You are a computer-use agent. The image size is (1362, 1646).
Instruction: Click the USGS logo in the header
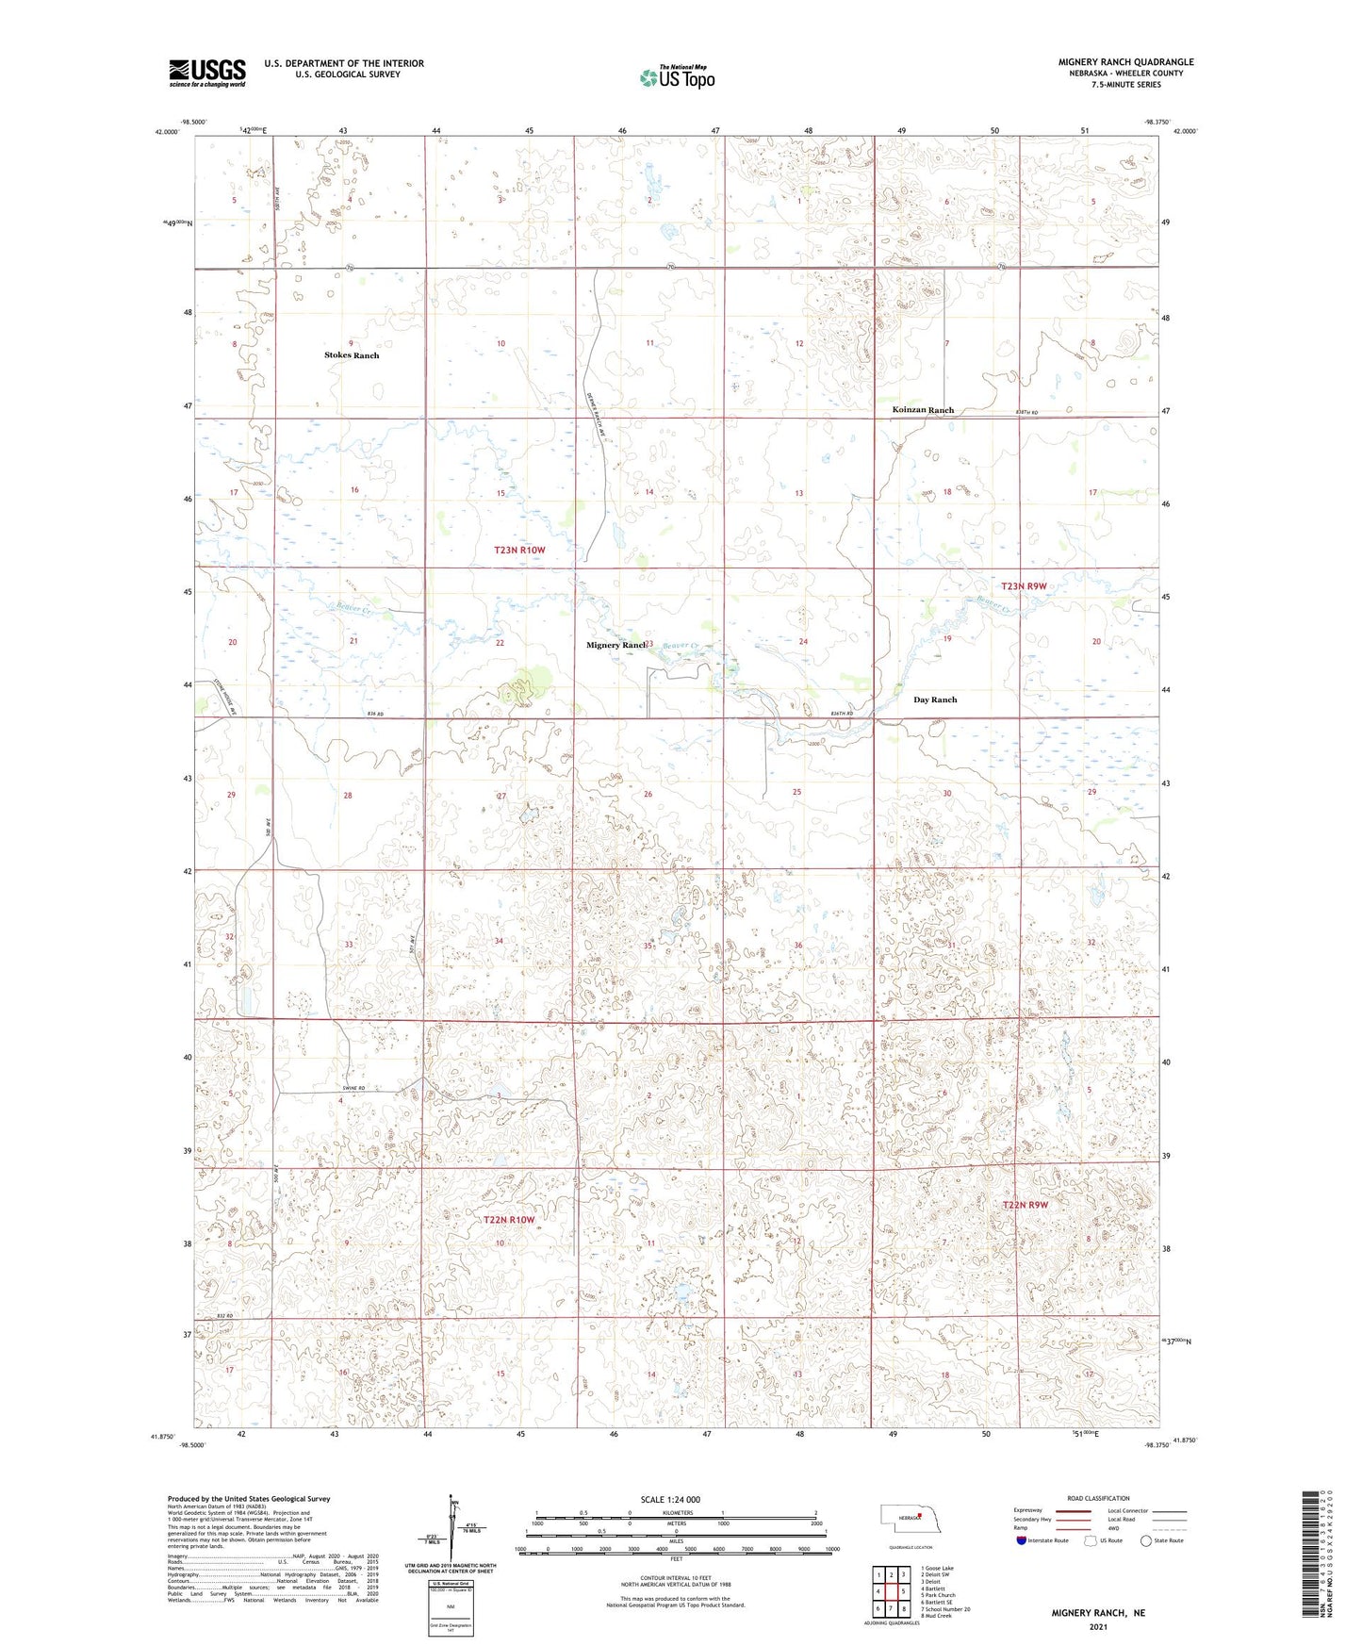pos(207,73)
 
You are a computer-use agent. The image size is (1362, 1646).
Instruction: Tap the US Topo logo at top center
pos(677,77)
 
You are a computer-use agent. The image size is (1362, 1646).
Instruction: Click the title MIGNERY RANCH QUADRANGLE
pos(1125,62)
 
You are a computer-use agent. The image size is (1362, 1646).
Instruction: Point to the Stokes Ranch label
pos(352,355)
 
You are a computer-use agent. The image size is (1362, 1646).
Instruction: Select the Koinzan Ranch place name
pos(923,410)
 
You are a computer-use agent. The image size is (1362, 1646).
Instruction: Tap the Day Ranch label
pos(935,700)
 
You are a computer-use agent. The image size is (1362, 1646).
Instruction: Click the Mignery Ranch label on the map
pos(615,645)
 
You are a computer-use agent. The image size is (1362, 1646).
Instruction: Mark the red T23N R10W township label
pos(520,550)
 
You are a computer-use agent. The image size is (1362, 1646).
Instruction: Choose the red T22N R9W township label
pos(1025,1205)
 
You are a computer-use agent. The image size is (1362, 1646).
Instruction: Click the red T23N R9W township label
pos(1025,586)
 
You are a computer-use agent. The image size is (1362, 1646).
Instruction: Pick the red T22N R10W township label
pos(509,1220)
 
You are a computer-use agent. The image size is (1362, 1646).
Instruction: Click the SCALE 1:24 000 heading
pos(670,1499)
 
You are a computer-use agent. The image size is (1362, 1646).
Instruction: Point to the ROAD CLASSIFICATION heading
pos(1098,1498)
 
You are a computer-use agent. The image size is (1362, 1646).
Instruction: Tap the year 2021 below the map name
pos(1097,1626)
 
